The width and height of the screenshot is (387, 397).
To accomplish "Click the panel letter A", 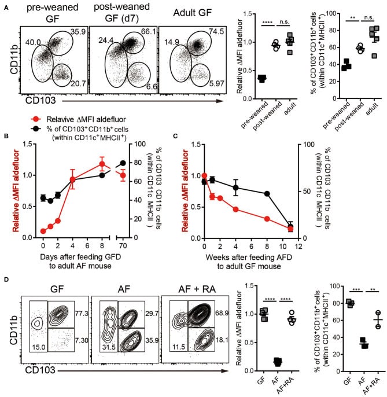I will tap(5, 5).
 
